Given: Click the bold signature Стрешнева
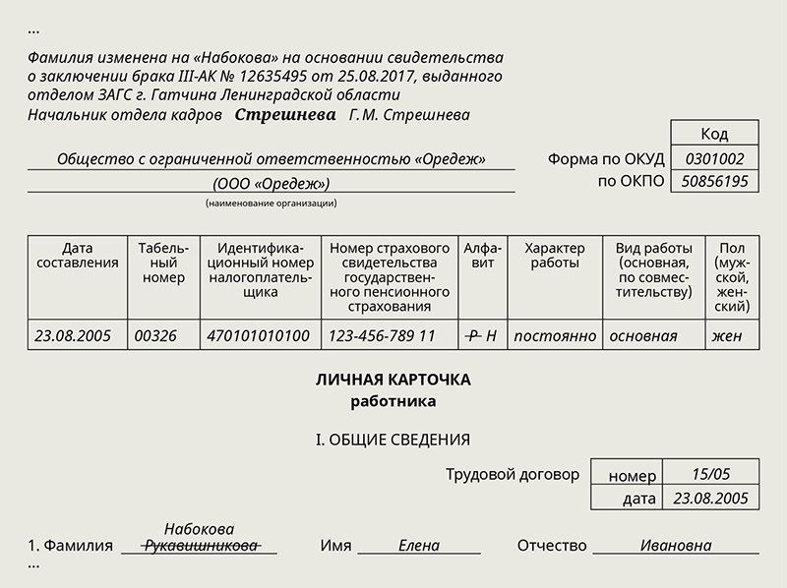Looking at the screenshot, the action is [285, 115].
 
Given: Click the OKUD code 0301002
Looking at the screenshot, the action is [714, 159].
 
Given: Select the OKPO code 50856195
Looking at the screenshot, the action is [714, 181].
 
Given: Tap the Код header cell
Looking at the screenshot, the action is [714, 134].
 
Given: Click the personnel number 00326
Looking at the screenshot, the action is [155, 335].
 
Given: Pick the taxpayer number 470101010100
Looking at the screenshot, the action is [258, 335].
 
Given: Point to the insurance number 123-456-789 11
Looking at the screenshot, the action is [382, 335].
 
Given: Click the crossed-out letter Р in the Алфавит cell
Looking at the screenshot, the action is [472, 335].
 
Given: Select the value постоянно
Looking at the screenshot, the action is [555, 336].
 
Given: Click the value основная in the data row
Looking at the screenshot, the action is [643, 336].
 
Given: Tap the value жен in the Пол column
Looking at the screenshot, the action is [726, 336].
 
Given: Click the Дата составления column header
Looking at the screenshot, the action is [78, 256].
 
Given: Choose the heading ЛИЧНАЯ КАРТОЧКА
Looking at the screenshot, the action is [393, 380].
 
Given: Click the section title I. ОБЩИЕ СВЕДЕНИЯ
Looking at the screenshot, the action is [393, 440].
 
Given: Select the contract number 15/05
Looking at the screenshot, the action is [710, 474].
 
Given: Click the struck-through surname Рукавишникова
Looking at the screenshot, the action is [201, 546].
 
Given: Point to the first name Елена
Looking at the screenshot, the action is [419, 546].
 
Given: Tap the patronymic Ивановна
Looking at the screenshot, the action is [676, 546].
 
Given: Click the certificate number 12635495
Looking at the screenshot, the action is [273, 77].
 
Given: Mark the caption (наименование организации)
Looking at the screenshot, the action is [272, 204].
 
